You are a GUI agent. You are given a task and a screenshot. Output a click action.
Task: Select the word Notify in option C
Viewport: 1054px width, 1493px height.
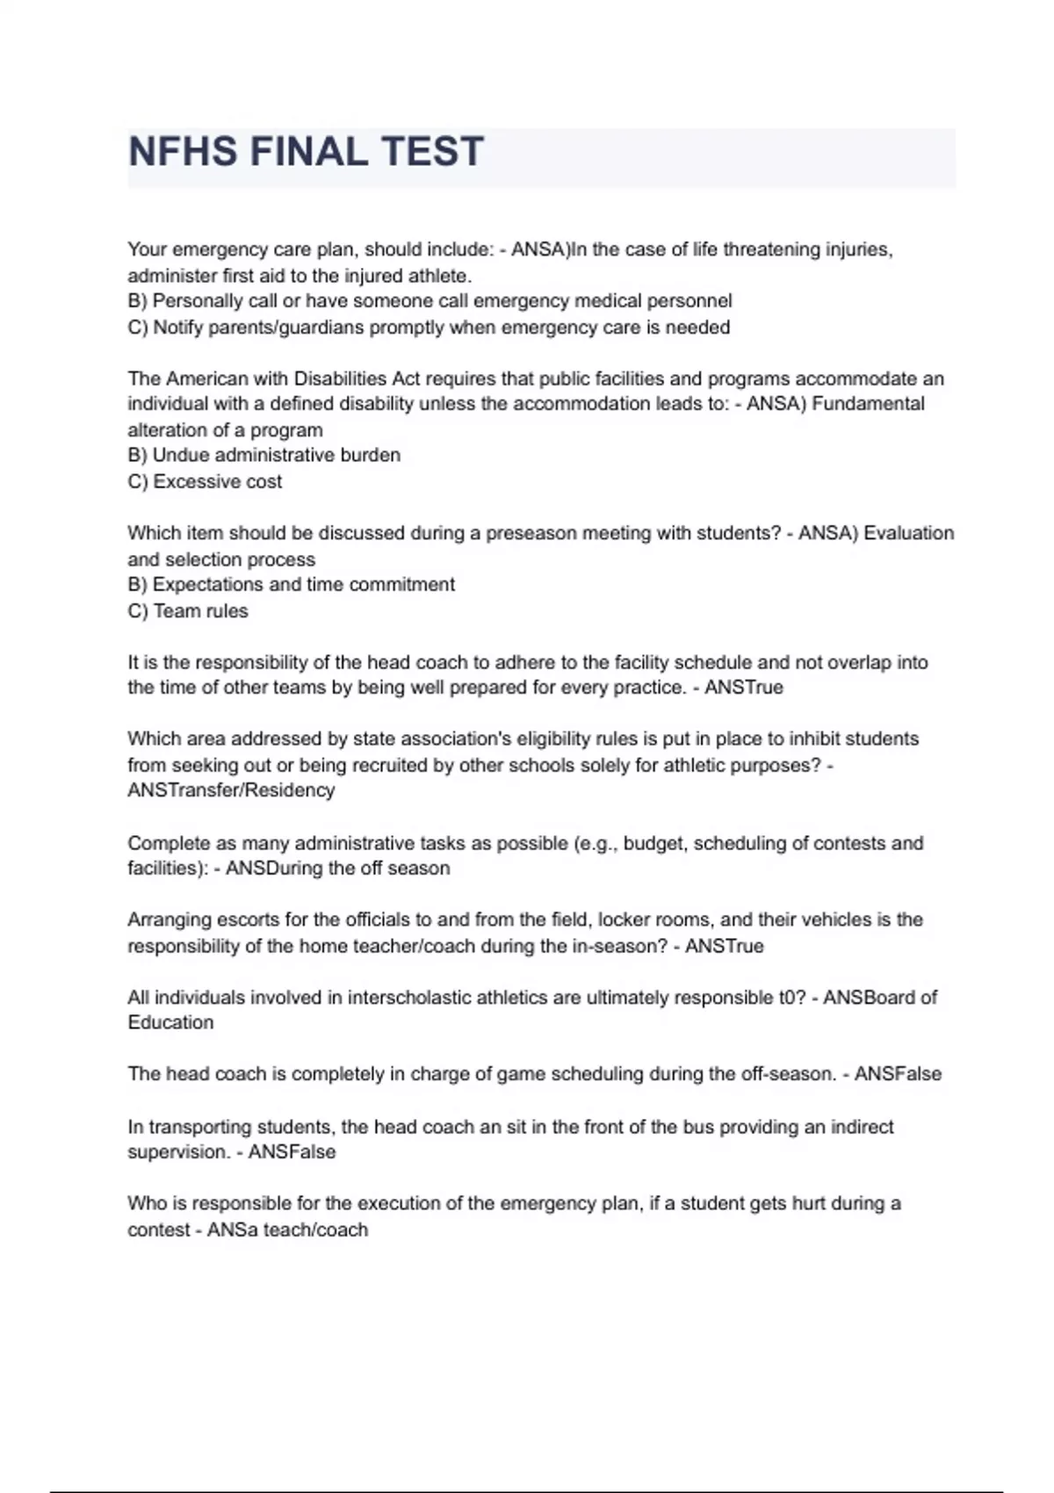178,328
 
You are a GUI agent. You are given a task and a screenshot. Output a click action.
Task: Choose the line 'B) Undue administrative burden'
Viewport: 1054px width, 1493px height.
263,456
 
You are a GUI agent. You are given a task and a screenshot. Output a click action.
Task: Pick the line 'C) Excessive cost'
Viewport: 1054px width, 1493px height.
205,482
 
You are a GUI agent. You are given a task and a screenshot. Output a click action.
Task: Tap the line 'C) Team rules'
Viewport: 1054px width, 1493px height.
188,611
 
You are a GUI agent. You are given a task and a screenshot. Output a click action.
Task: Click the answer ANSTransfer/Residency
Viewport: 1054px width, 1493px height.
231,790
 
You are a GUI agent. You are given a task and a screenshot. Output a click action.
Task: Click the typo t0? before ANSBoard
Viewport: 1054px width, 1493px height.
791,998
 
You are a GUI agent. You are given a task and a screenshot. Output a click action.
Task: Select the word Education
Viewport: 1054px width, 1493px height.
170,1023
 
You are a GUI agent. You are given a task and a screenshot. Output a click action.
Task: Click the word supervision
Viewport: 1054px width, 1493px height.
178,1152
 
